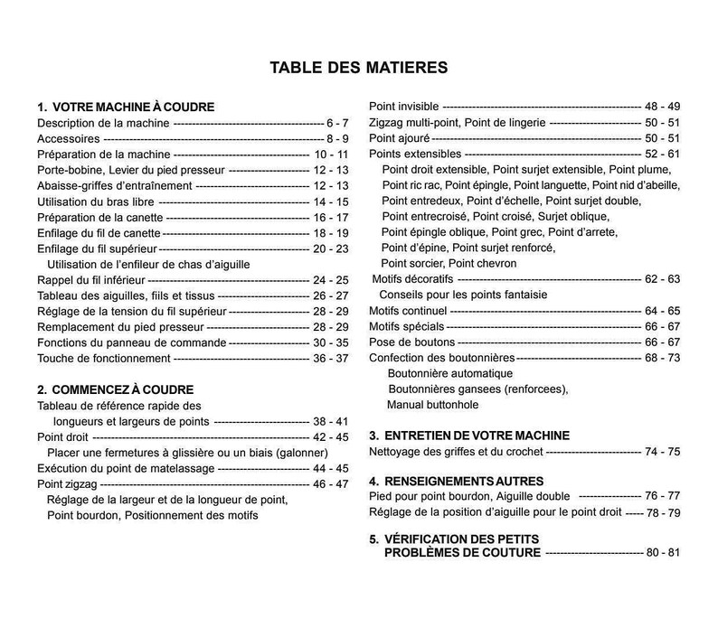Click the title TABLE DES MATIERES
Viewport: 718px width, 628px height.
pos(359,68)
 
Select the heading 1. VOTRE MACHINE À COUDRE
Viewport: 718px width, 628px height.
pos(125,107)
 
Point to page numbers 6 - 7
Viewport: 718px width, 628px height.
pos(336,122)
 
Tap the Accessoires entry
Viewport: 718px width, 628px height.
pos(69,138)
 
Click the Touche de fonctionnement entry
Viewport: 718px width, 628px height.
pos(103,359)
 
